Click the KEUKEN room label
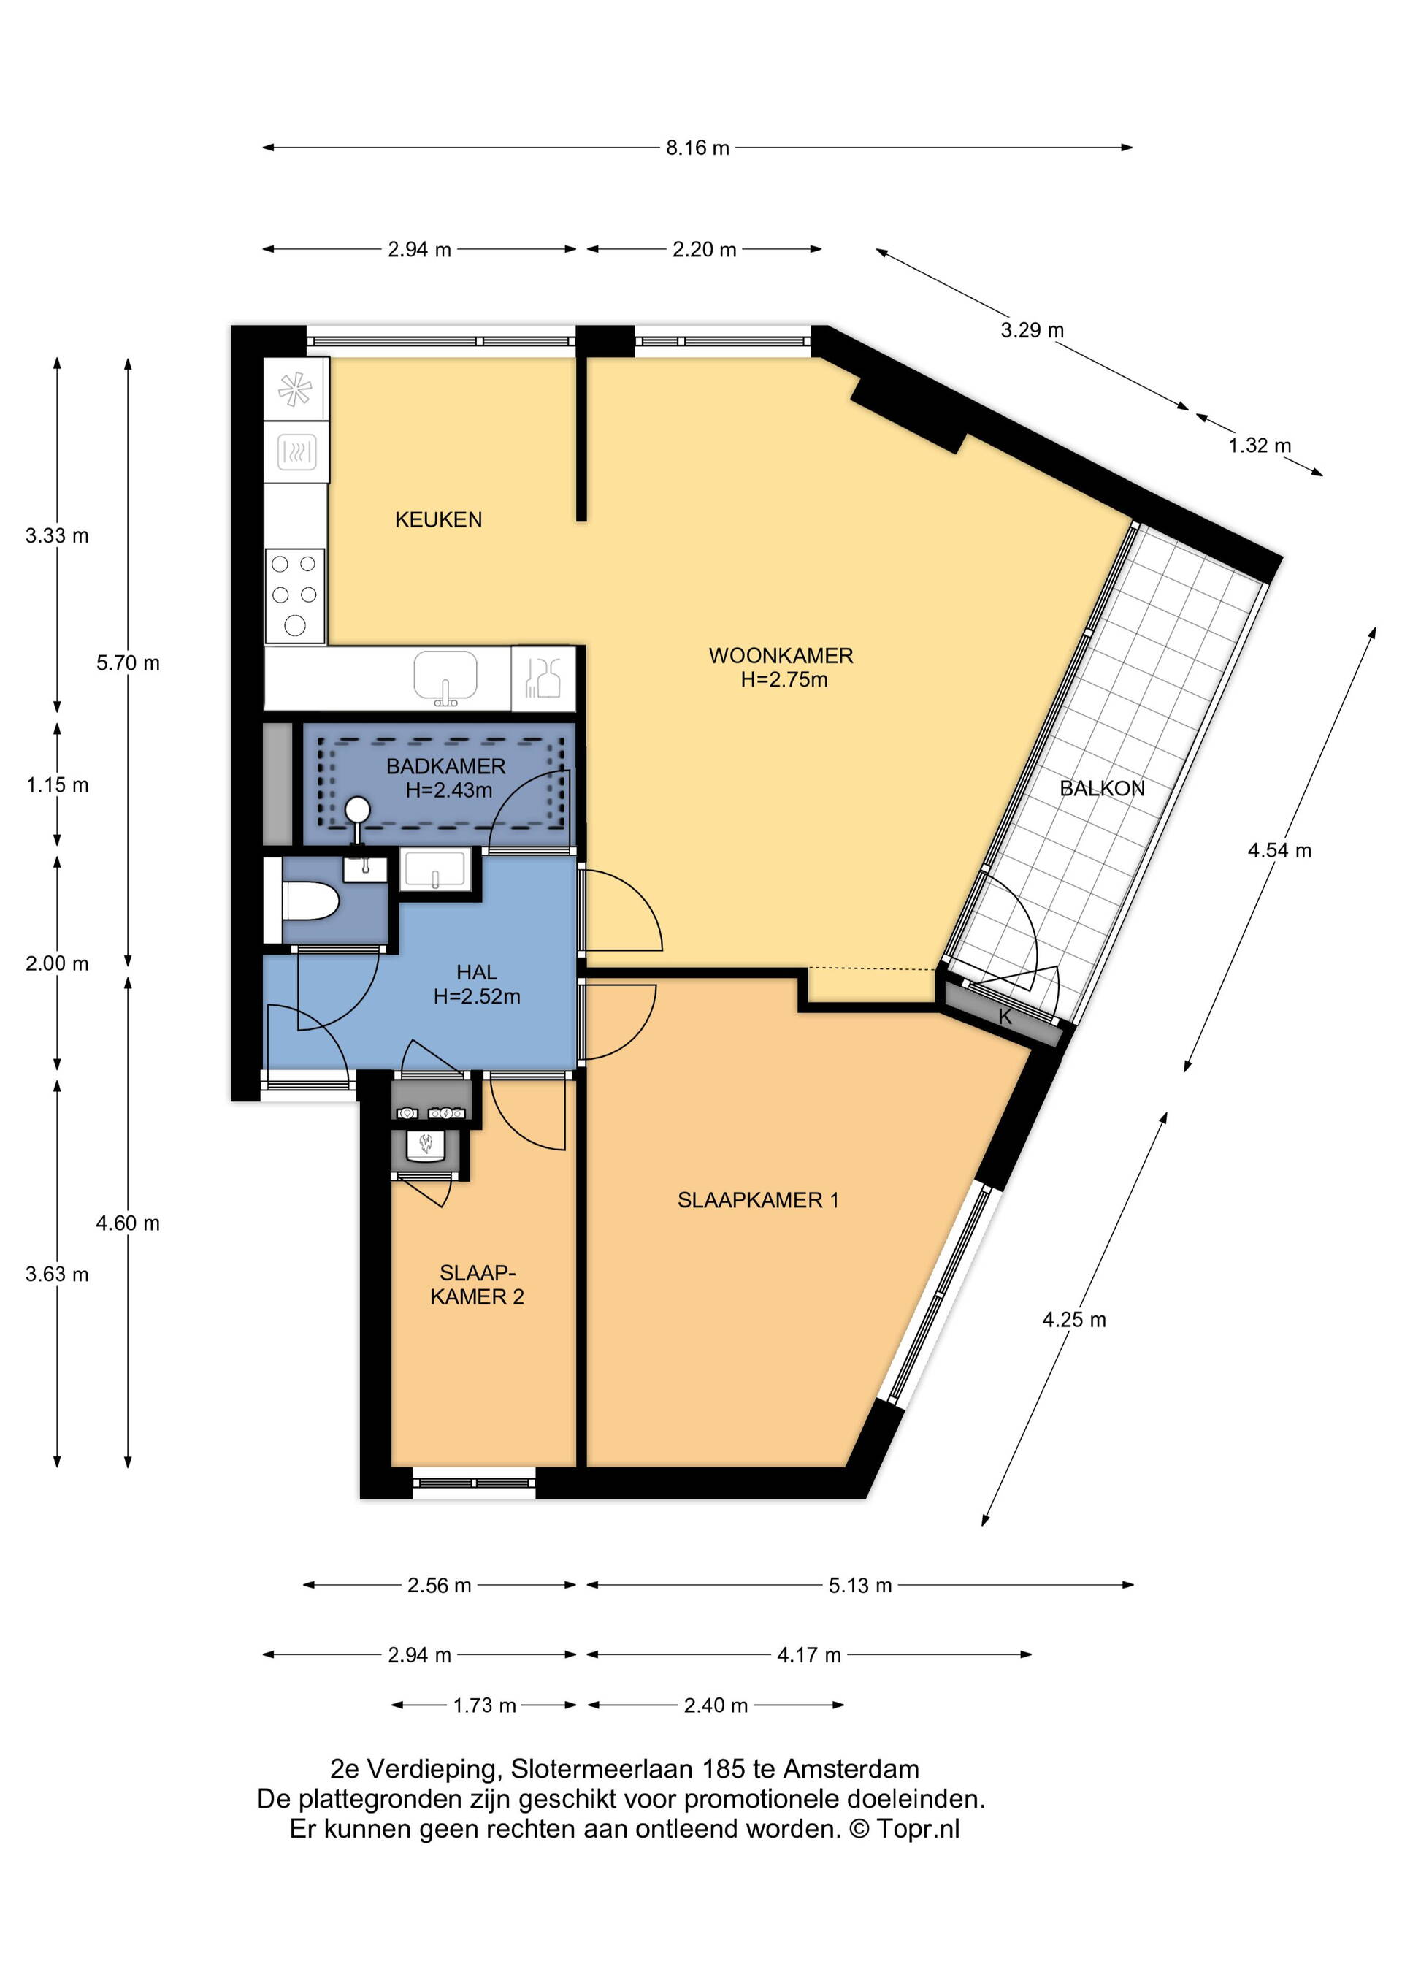coord(439,519)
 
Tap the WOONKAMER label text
coord(781,656)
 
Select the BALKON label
coord(1102,789)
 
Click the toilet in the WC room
coord(309,901)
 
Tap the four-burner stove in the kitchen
coord(295,596)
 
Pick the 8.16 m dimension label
coord(697,148)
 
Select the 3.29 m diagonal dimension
coord(1033,330)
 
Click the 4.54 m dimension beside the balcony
coord(1279,850)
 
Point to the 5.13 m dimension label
coord(860,1585)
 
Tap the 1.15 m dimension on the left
coord(57,785)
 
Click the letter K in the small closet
coord(1005,1017)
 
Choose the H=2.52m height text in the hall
coord(477,997)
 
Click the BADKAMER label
coord(445,766)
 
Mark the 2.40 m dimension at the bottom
coord(716,1705)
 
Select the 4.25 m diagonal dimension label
coord(1074,1319)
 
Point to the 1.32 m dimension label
coord(1260,446)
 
